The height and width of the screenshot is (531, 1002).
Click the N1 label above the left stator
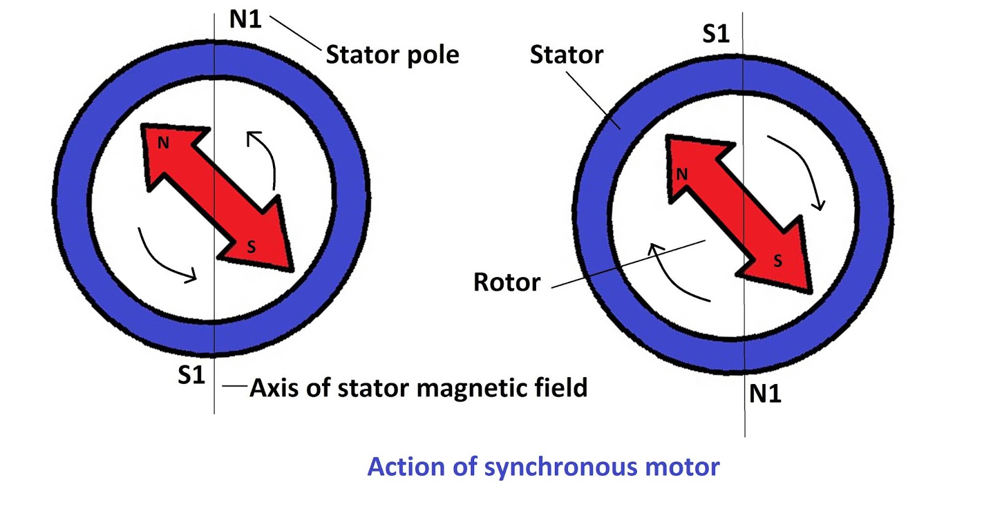[245, 19]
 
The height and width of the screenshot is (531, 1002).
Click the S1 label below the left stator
[191, 375]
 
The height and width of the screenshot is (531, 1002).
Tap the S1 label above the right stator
[716, 33]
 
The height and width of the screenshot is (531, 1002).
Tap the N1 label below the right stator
[765, 394]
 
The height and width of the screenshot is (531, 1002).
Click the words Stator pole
[392, 55]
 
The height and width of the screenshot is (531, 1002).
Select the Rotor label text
[506, 282]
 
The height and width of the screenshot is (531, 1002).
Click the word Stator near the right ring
[566, 55]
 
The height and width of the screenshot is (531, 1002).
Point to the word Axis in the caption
[274, 388]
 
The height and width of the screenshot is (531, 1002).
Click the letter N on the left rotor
[163, 143]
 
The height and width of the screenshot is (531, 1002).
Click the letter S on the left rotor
[251, 247]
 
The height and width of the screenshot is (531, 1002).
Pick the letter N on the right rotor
[681, 174]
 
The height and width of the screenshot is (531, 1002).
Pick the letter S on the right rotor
[777, 261]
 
